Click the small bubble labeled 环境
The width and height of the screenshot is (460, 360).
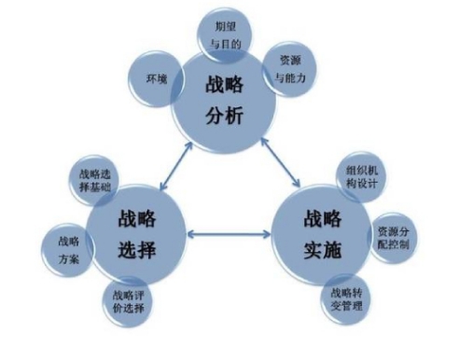(x=157, y=79)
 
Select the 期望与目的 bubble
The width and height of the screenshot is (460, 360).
(x=225, y=35)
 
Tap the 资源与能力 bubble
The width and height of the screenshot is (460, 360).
(x=290, y=69)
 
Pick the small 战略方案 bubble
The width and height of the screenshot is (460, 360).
(x=68, y=250)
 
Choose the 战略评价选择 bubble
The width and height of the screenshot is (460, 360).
(x=128, y=301)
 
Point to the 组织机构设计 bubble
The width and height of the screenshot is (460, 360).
(x=361, y=177)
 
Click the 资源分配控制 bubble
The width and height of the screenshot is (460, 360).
(x=393, y=238)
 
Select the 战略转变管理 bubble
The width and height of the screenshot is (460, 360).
(x=346, y=299)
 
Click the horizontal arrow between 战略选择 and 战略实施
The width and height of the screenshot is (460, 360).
(x=230, y=234)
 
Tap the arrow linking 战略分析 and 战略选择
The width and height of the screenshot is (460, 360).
(x=176, y=166)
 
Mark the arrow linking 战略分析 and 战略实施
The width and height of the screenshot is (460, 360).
(x=280, y=162)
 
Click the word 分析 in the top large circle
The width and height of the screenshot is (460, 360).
(x=224, y=116)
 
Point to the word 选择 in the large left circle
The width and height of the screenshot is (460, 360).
(x=137, y=250)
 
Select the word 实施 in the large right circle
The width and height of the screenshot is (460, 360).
(x=323, y=250)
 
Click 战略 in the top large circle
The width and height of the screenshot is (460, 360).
(x=224, y=84)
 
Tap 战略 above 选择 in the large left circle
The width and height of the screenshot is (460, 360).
(x=137, y=218)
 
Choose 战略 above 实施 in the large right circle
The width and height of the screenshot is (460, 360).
(x=323, y=218)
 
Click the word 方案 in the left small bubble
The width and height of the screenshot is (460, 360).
(x=69, y=259)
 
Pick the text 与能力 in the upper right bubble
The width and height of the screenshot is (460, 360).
(x=290, y=77)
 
